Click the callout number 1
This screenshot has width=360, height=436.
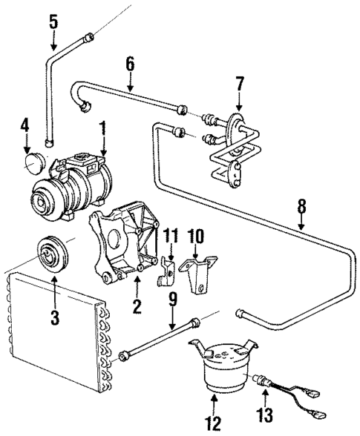point(103,131)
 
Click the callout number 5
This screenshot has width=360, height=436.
point(53,21)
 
